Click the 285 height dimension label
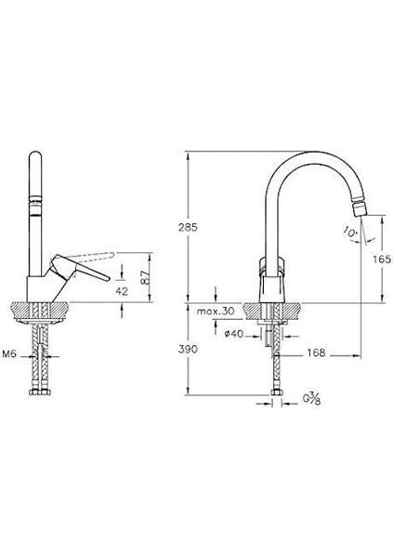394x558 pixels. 188,227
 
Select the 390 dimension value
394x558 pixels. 188,349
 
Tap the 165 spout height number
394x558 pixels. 382,259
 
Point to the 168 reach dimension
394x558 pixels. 316,352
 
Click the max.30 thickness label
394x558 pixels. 216,311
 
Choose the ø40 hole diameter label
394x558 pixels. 234,334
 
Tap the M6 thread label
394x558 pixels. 9,354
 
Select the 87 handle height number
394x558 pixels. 145,278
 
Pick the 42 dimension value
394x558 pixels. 122,291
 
